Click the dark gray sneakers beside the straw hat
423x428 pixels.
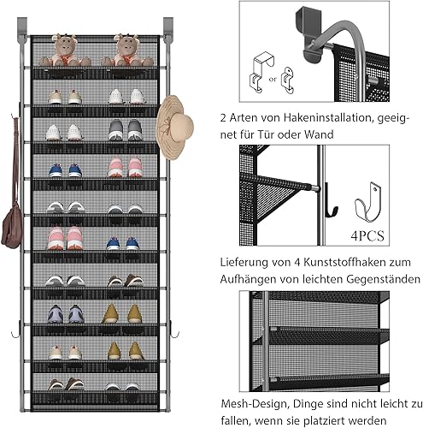pos(126,129)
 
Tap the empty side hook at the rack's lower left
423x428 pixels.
pos(11,330)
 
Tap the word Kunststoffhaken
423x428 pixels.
pos(353,260)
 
